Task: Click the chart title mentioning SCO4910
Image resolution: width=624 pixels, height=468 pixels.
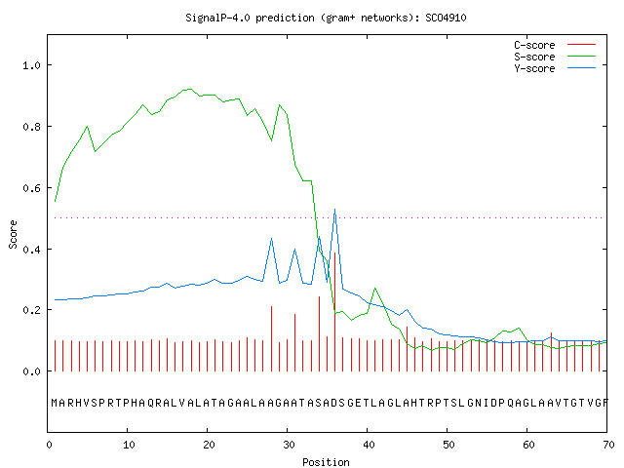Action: (x=326, y=18)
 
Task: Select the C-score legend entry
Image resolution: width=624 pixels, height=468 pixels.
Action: (x=555, y=45)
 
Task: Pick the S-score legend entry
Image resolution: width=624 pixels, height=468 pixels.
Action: (x=555, y=57)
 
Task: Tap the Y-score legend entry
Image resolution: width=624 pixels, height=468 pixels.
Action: (x=555, y=68)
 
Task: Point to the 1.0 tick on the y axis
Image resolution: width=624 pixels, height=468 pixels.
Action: (x=31, y=65)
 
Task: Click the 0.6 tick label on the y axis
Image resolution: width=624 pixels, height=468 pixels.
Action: (x=31, y=188)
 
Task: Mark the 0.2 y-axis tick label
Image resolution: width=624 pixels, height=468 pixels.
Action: (x=31, y=310)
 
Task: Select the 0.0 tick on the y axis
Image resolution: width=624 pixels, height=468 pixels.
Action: (x=31, y=371)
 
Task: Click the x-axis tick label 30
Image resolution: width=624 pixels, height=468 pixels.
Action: (x=289, y=445)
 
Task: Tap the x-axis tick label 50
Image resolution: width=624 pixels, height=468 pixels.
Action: (x=448, y=445)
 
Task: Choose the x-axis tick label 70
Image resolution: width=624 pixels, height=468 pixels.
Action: (x=608, y=445)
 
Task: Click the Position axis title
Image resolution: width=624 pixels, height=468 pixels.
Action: (x=326, y=462)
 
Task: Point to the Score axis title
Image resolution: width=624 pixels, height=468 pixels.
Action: (x=13, y=234)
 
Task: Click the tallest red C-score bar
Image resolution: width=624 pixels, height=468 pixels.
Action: (x=334, y=312)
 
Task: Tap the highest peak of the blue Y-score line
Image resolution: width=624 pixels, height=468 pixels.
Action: (x=334, y=209)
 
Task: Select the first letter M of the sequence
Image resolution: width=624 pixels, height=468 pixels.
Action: (x=55, y=403)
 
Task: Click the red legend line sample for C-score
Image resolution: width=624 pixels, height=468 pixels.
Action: (x=581, y=45)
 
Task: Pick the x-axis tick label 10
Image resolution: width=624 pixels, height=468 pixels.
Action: (x=129, y=445)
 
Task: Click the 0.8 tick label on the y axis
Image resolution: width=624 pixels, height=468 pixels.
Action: (x=31, y=127)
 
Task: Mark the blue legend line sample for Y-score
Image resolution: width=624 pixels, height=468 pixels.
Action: (x=581, y=68)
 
